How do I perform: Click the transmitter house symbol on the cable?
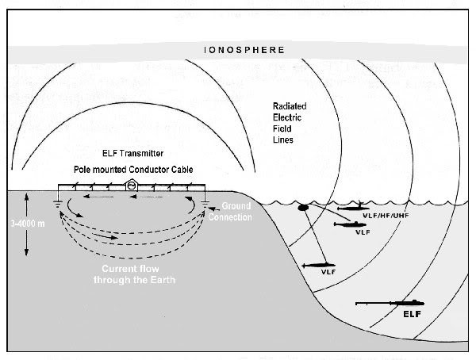coord(132,186)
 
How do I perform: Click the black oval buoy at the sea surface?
coord(303,209)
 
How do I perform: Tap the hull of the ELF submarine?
coord(409,302)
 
